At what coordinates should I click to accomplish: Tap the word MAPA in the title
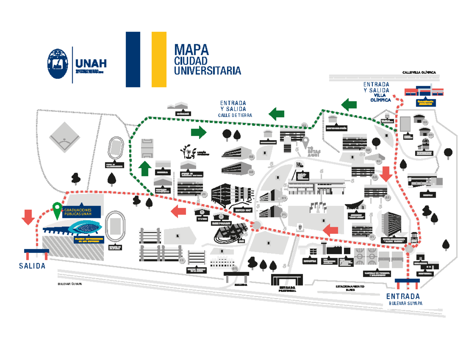pos(191,50)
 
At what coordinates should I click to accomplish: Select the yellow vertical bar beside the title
pos(159,59)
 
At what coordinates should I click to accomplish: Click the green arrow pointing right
pos(198,132)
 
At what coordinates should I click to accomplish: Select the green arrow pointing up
pos(145,169)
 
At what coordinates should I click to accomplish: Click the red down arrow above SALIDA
pos(28,217)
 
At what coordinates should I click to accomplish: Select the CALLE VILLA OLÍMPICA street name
pos(419,72)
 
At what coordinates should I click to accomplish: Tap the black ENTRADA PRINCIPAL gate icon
pos(287,280)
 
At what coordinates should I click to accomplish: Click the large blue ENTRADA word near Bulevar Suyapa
pos(405,296)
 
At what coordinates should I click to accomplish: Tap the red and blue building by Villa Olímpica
pos(424,91)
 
